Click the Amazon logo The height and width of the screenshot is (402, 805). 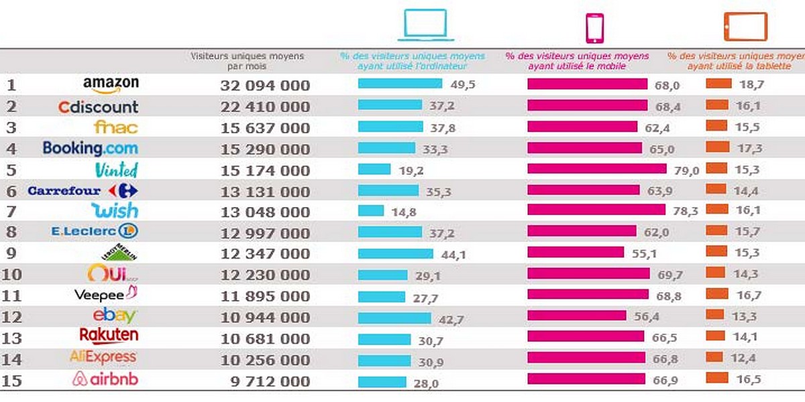point(111,84)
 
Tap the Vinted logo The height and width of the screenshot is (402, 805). point(116,169)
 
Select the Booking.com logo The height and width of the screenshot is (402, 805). point(90,148)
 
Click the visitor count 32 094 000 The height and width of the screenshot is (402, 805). point(265,86)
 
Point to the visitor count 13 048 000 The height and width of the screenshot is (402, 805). point(265,212)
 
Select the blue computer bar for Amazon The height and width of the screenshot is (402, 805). point(400,84)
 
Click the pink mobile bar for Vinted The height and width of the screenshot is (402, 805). point(597,169)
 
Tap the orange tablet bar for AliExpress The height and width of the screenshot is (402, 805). point(714,357)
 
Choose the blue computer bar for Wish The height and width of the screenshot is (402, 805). point(370,210)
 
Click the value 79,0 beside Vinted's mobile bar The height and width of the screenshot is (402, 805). point(686,171)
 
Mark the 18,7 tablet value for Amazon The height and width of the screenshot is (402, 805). point(751,85)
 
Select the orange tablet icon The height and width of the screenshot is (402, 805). point(745,27)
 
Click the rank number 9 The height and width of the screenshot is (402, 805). point(11,254)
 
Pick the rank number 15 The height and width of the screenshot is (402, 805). point(12,381)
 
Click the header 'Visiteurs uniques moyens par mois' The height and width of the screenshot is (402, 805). point(247,61)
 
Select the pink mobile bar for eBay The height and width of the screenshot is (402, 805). point(576,315)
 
